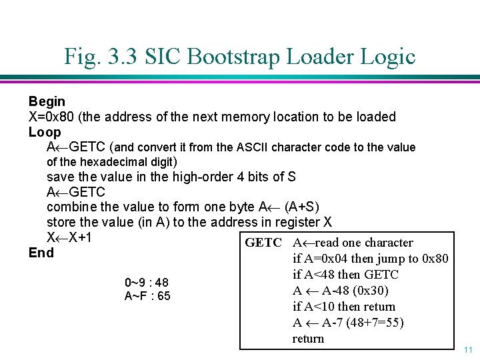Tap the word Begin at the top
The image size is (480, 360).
(47, 101)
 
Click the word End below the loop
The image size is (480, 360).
(41, 253)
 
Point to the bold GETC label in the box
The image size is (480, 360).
(263, 243)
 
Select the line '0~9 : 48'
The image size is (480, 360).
(147, 283)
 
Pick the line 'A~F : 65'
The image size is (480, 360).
(147, 296)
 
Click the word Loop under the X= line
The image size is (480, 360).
(45, 132)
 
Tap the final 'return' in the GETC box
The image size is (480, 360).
(308, 339)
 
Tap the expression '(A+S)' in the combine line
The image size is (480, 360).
(301, 207)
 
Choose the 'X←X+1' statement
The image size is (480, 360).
(69, 238)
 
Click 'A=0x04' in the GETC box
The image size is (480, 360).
(325, 259)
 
